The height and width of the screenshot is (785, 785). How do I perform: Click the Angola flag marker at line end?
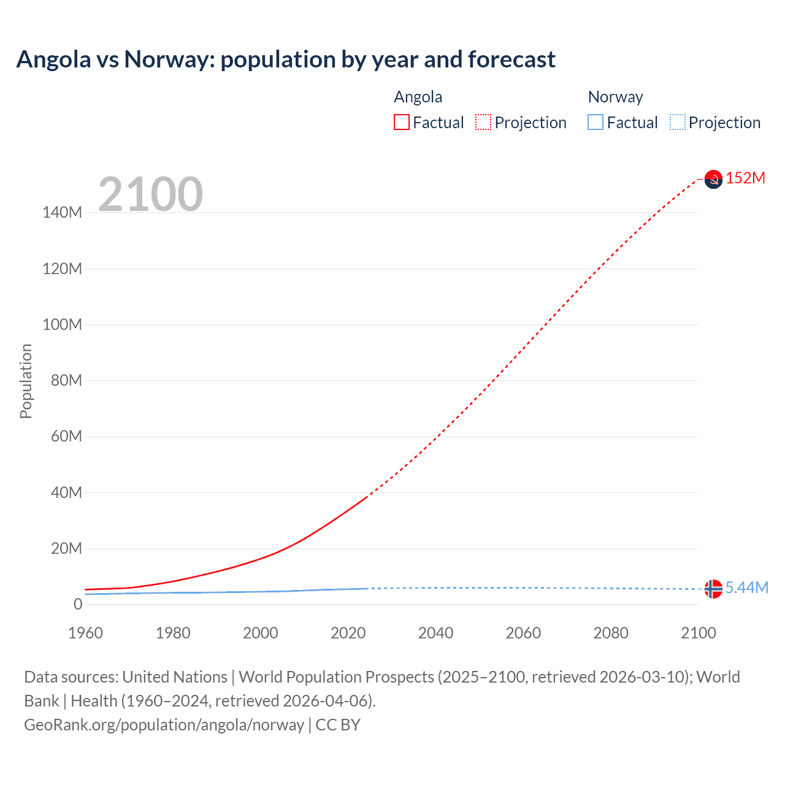[x=713, y=179]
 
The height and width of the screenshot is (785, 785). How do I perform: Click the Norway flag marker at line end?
[x=713, y=589]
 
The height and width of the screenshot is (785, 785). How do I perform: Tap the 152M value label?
[x=746, y=178]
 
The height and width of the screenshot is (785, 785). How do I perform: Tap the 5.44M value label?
[x=747, y=588]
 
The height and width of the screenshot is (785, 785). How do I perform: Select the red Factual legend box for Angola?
[x=402, y=123]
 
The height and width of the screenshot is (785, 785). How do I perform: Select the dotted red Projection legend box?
[x=483, y=123]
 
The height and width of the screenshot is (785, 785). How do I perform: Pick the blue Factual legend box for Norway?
[x=595, y=123]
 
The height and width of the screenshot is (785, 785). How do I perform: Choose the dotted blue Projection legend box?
[x=677, y=123]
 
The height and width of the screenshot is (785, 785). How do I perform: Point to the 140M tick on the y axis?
[x=62, y=213]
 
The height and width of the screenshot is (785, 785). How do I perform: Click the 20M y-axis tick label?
[x=66, y=549]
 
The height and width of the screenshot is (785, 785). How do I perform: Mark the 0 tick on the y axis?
[x=78, y=605]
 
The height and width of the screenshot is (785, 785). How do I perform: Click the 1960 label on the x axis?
[x=85, y=633]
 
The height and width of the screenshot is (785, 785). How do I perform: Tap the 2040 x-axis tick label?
[x=435, y=633]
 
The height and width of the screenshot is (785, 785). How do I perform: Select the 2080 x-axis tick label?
[x=611, y=633]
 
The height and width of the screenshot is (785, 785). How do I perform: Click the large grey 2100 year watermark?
[x=151, y=194]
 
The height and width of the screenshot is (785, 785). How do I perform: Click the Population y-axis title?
[x=26, y=381]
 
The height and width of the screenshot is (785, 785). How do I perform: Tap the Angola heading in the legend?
[x=418, y=97]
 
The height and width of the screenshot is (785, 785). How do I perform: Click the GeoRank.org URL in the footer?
[x=164, y=725]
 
